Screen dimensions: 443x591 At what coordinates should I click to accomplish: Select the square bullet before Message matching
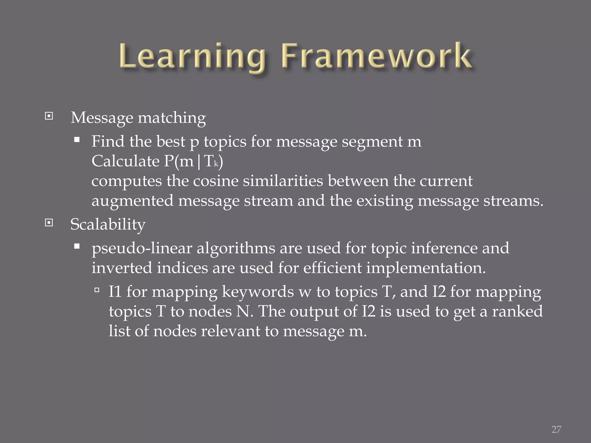(49, 116)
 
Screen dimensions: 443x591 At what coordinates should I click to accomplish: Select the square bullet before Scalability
(49, 223)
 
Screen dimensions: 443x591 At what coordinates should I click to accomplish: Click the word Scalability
(108, 224)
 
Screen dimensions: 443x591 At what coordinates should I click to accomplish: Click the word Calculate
(125, 161)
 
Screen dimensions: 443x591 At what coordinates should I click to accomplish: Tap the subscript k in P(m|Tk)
(216, 165)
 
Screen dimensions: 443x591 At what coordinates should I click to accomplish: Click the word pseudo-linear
(142, 248)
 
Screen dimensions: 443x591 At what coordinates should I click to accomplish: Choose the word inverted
(122, 268)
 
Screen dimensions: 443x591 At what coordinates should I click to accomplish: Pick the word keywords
(258, 292)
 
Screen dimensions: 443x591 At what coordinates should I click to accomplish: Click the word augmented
(132, 201)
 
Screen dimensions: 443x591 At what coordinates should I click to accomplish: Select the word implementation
(426, 268)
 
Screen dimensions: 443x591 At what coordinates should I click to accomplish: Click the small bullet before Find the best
(77, 140)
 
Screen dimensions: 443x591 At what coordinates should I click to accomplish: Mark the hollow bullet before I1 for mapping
(97, 290)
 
